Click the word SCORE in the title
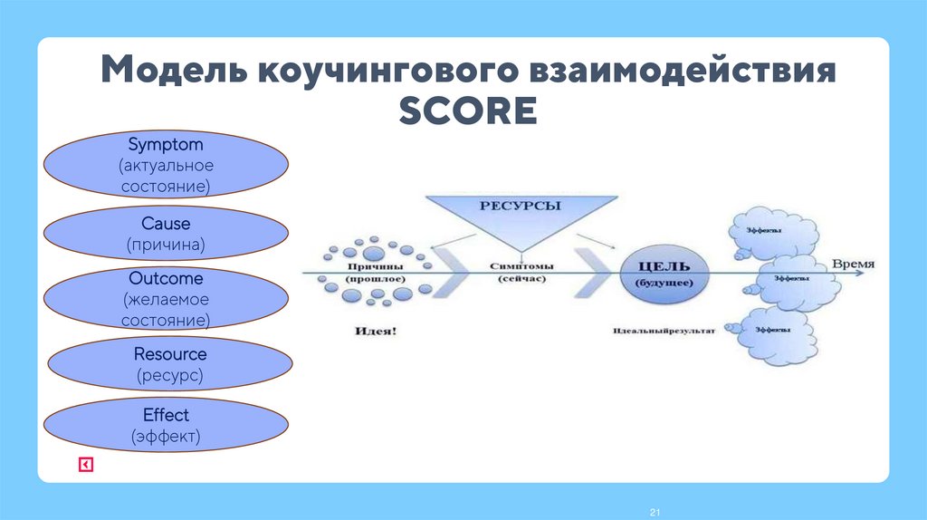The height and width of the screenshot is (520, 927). point(468,112)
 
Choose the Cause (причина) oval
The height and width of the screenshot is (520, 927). point(167,234)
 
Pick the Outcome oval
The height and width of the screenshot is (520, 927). point(167,299)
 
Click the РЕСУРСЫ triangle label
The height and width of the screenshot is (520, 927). point(520,207)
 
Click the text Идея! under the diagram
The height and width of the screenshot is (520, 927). point(374,332)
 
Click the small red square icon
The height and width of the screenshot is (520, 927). point(85,465)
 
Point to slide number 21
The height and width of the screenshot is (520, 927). point(654,514)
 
